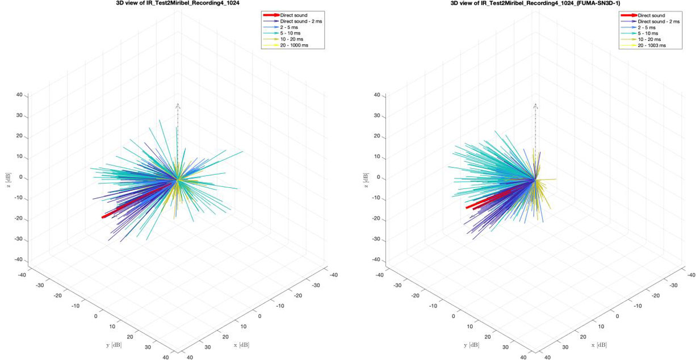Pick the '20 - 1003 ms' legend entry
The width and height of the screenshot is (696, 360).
[x=652, y=45]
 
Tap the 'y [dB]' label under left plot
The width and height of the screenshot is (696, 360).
[x=112, y=345]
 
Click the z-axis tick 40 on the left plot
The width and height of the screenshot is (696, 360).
[x=19, y=95]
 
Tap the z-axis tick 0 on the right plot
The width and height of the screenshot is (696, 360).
[x=379, y=177]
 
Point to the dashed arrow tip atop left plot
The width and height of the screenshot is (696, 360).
[x=178, y=105]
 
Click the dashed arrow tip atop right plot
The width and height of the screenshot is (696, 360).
[x=534, y=105]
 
